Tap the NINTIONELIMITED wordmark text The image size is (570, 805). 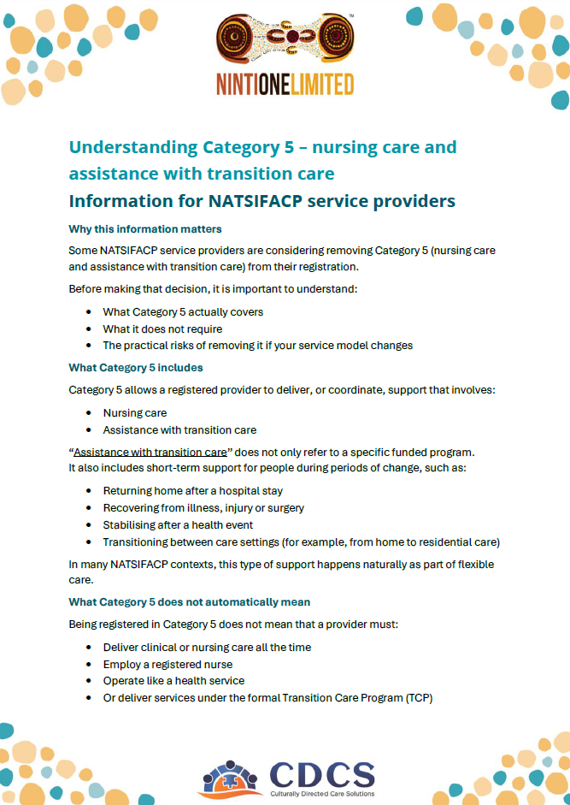pos(285,84)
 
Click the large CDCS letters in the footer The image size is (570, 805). pos(322,774)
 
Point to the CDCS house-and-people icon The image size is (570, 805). pos(232,777)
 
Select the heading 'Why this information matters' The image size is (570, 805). pos(145,229)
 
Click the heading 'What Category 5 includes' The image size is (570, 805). pos(136,368)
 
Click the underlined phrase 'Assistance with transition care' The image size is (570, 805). pos(150,452)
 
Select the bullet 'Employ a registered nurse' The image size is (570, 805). pos(167,664)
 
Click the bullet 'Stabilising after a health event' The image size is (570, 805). pos(178,524)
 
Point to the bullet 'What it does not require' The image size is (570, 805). pos(162,329)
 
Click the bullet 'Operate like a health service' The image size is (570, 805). pos(173,681)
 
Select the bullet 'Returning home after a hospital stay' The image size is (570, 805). pos(192,491)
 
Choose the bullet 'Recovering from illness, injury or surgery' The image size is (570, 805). pos(203,508)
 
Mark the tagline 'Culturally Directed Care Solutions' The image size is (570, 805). pos(322,794)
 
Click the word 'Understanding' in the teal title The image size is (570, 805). pos(132,147)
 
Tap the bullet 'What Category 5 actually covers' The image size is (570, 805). pos(183,311)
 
